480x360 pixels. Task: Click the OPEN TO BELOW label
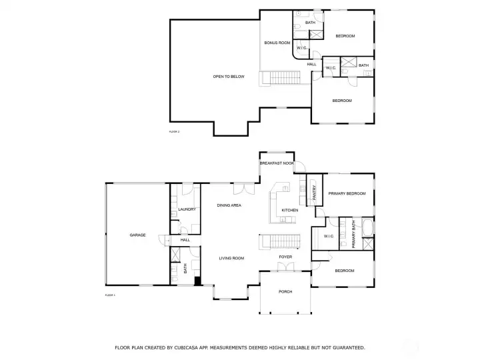click(228, 77)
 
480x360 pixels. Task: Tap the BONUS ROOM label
click(277, 43)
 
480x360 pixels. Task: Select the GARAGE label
click(137, 235)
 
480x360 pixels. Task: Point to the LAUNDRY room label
click(187, 209)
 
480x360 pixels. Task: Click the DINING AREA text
click(229, 205)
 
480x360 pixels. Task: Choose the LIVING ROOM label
click(232, 258)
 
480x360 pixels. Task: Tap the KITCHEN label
click(289, 211)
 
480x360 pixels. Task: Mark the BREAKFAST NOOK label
click(277, 163)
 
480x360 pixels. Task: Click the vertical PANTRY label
click(315, 193)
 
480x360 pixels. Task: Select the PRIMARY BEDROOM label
click(347, 193)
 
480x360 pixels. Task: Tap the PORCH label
click(285, 291)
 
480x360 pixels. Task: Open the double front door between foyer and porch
click(285, 268)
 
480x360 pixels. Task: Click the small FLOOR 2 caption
click(175, 132)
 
